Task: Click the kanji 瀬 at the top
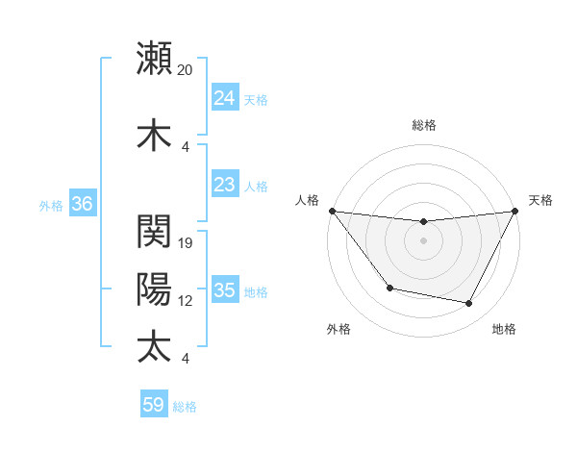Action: coord(154,57)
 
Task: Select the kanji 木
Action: coord(154,135)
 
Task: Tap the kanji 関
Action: coord(154,232)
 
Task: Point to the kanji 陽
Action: coord(154,289)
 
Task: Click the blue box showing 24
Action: coord(224,98)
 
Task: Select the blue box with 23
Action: coord(224,185)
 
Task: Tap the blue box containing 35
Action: coord(224,290)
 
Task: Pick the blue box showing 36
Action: coord(82,204)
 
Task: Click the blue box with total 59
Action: coord(153,405)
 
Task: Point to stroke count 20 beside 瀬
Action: coord(186,70)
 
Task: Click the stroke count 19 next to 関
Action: coord(186,243)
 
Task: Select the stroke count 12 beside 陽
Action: coord(186,301)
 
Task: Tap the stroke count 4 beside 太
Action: coord(185,359)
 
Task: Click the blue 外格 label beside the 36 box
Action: coord(51,205)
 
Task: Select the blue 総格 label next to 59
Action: coord(186,406)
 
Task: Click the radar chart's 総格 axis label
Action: coord(423,125)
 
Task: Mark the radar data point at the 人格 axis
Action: coord(332,211)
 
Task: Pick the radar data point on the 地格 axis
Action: coord(469,304)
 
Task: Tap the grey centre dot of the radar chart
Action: coord(423,240)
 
